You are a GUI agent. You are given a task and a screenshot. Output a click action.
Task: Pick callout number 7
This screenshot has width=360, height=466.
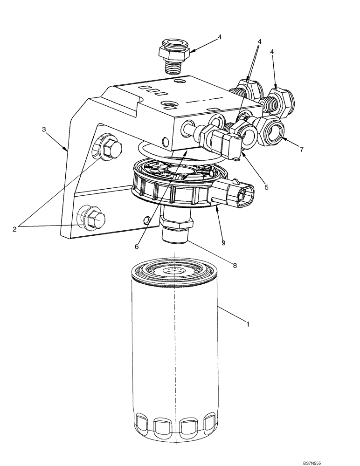(301, 150)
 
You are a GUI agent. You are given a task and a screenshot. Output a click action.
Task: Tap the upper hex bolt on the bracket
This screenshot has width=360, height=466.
(110, 148)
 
